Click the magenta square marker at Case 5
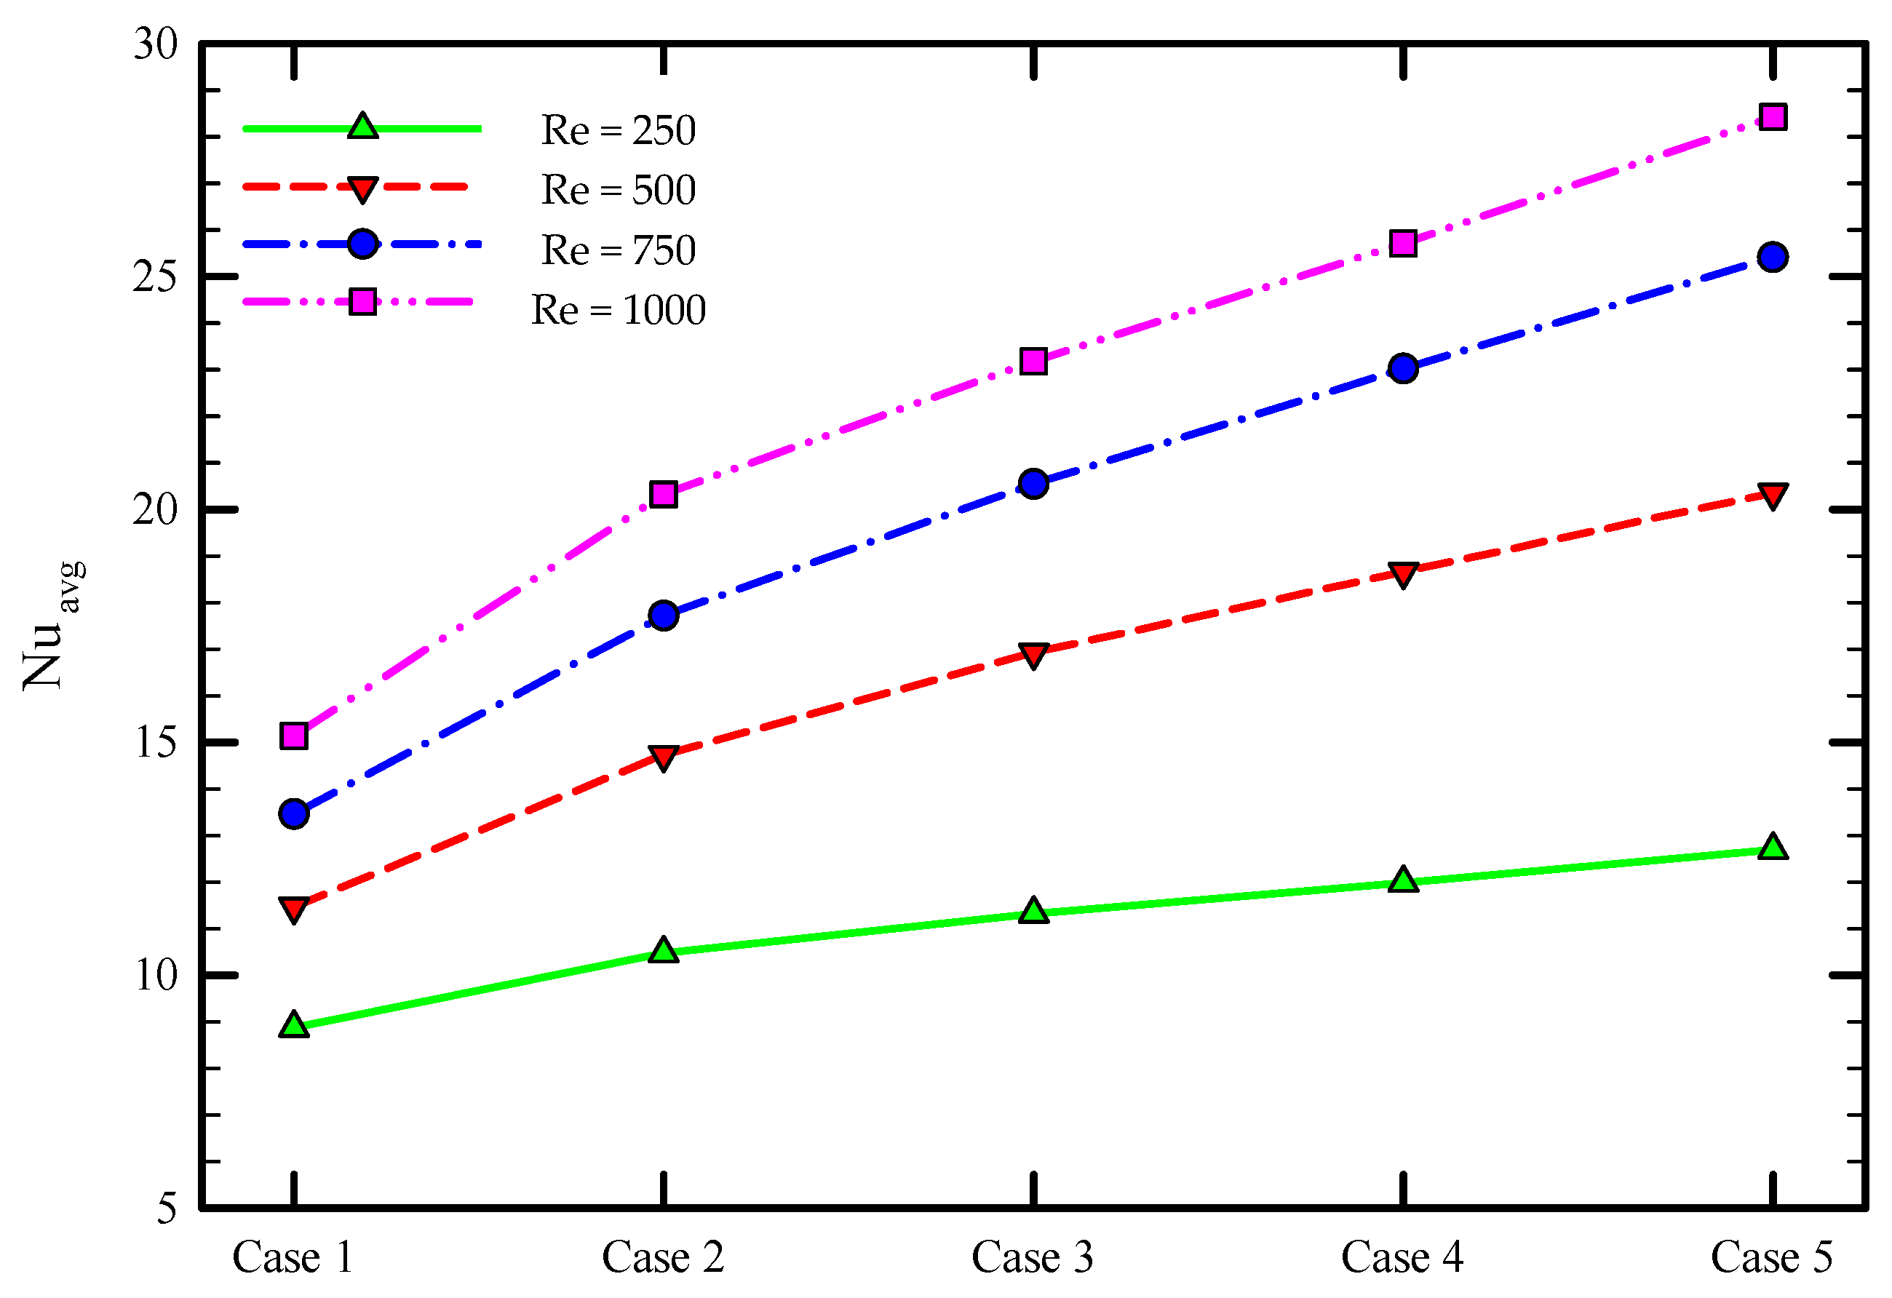click(x=1773, y=117)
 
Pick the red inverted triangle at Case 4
click(x=1404, y=575)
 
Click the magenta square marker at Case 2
click(x=664, y=494)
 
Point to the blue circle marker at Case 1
click(x=294, y=813)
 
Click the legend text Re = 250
click(x=618, y=130)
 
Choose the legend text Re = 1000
click(x=618, y=310)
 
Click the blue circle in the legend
click(x=362, y=243)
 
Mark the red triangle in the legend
click(x=362, y=188)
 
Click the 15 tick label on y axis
click(x=155, y=742)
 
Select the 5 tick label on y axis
click(x=166, y=1209)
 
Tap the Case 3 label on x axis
click(x=1033, y=1257)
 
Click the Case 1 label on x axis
click(x=293, y=1257)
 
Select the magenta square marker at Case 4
click(x=1404, y=243)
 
